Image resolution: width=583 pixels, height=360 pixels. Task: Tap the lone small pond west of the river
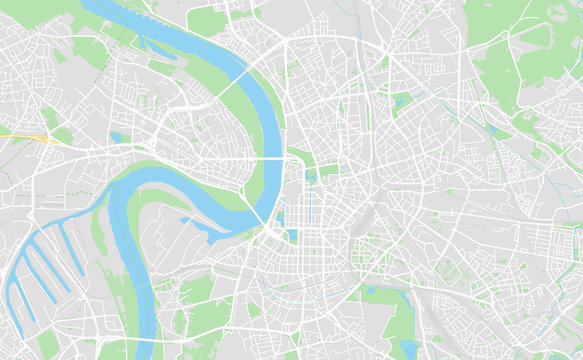tap(116, 137)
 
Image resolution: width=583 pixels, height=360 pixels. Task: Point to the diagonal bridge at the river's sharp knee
tap(259, 214)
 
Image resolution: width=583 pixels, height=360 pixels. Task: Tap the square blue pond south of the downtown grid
tap(291, 236)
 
